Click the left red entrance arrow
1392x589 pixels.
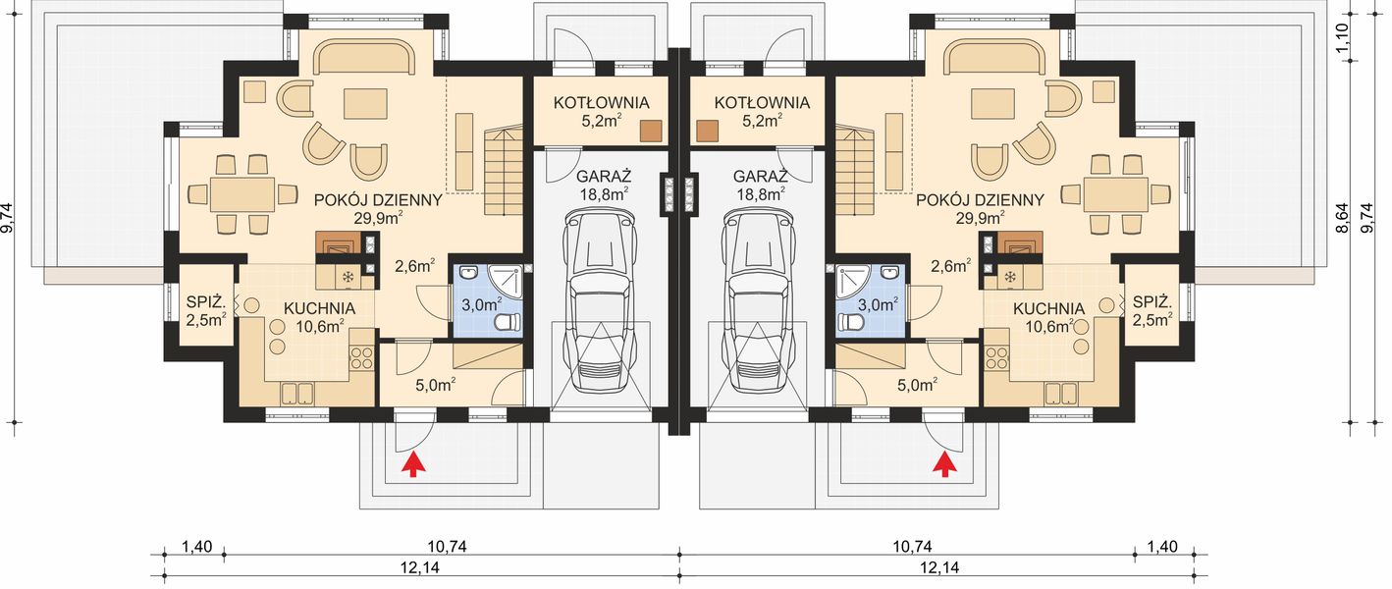click(x=410, y=464)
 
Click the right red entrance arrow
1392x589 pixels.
click(x=945, y=464)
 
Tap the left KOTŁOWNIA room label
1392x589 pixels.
click(x=601, y=102)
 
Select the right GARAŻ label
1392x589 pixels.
click(x=760, y=175)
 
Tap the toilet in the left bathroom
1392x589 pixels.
click(x=509, y=323)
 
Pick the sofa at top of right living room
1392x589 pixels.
click(x=990, y=60)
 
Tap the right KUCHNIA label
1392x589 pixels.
click(x=1049, y=308)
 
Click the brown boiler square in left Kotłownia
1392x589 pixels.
click(x=652, y=131)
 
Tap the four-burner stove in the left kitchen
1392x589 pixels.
click(x=361, y=358)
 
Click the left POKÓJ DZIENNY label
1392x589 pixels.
click(x=378, y=200)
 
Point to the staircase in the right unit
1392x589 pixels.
click(x=855, y=169)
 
